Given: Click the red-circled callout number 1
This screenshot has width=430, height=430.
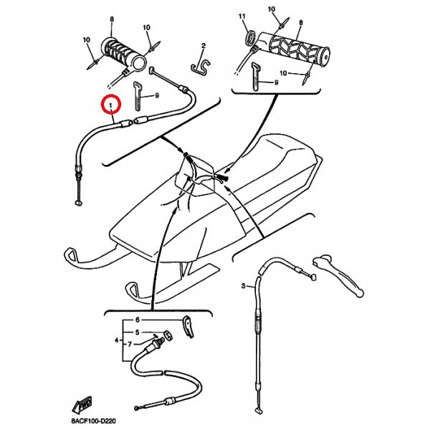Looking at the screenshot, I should [110, 105].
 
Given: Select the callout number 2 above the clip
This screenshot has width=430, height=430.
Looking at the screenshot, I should [203, 47].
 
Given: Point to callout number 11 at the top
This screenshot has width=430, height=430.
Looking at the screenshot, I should [242, 16].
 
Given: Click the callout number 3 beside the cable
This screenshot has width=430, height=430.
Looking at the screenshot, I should [243, 286].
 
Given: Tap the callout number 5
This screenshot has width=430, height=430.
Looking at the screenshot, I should [143, 333].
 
